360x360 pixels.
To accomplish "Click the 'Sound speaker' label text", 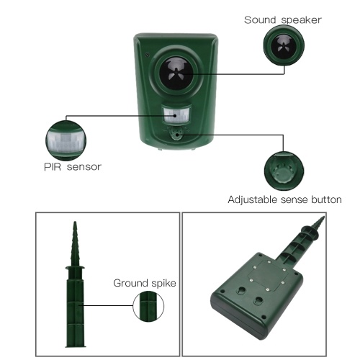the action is tap(283, 20).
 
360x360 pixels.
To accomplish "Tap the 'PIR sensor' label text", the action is tap(73, 167).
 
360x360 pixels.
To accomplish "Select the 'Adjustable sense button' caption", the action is tap(284, 199).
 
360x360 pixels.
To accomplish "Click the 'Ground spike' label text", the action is tap(145, 284).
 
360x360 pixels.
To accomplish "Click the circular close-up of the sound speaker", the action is tap(284, 45).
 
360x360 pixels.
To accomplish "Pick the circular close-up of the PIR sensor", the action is tap(66, 140).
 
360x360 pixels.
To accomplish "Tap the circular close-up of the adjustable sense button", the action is tap(284, 171).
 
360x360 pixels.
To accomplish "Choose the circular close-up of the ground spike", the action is tap(148, 307).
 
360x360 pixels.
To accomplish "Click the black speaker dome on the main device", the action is tap(176, 73).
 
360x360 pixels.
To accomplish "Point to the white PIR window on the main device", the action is tap(176, 115).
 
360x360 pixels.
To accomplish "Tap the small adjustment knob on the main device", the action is tap(177, 134).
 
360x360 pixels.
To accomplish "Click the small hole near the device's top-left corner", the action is tap(148, 55).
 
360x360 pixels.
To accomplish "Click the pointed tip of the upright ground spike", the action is tap(75, 222).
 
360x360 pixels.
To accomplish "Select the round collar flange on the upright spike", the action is tap(75, 268).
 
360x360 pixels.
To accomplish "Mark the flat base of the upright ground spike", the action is tap(76, 346).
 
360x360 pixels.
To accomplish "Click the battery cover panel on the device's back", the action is tap(266, 275).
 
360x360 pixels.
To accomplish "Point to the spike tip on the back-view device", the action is tap(323, 217).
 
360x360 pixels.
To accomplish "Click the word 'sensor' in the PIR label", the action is tap(84, 167).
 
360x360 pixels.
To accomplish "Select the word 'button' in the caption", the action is tap(326, 199).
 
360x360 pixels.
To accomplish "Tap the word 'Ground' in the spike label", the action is tap(130, 283).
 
